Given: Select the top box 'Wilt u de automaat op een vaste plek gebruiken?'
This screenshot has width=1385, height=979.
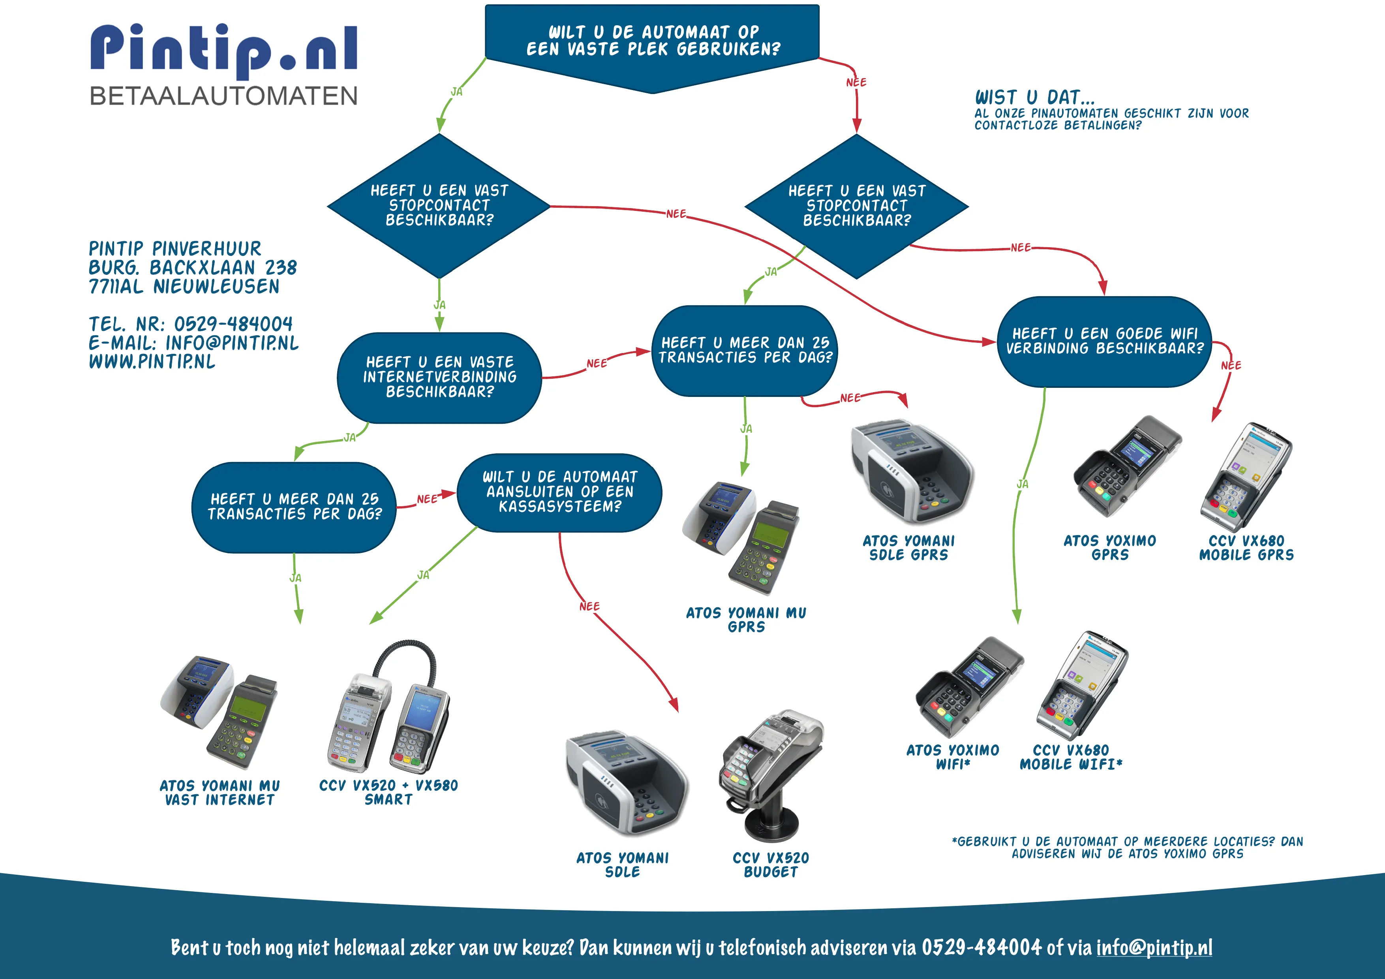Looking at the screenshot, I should (x=652, y=41).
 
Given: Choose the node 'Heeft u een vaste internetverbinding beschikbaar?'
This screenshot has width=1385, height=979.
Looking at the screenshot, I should (x=439, y=377).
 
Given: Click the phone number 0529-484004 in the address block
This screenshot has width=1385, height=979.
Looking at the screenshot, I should (x=233, y=324).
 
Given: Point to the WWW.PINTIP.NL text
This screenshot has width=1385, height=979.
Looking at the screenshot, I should (x=152, y=361).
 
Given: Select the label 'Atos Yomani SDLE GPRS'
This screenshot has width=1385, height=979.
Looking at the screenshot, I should (x=908, y=548).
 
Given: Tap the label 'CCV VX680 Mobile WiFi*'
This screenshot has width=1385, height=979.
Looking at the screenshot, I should (x=1071, y=757).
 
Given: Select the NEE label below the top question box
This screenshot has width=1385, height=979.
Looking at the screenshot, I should (x=856, y=82).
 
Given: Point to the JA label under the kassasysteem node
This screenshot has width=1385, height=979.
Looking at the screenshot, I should (x=424, y=575).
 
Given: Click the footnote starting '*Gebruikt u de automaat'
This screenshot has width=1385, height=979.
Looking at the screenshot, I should (x=1127, y=847).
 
